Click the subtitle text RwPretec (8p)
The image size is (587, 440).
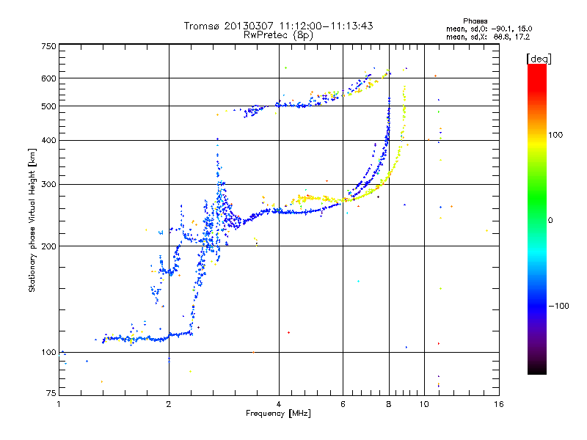278,35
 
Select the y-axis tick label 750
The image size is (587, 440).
49,46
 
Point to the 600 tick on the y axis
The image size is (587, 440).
49,78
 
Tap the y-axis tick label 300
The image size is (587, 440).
49,184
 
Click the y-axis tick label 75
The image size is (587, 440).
51,393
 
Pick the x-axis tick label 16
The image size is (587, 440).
499,404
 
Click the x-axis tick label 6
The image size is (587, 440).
343,404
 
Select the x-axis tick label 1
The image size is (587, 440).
59,404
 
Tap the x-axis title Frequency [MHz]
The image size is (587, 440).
278,414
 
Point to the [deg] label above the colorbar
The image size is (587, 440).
539,59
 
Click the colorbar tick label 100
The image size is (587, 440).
555,135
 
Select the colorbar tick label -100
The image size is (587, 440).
558,306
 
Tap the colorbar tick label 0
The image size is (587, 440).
550,220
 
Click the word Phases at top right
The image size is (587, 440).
475,21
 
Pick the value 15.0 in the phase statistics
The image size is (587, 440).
525,29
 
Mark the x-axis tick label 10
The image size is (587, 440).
424,404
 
